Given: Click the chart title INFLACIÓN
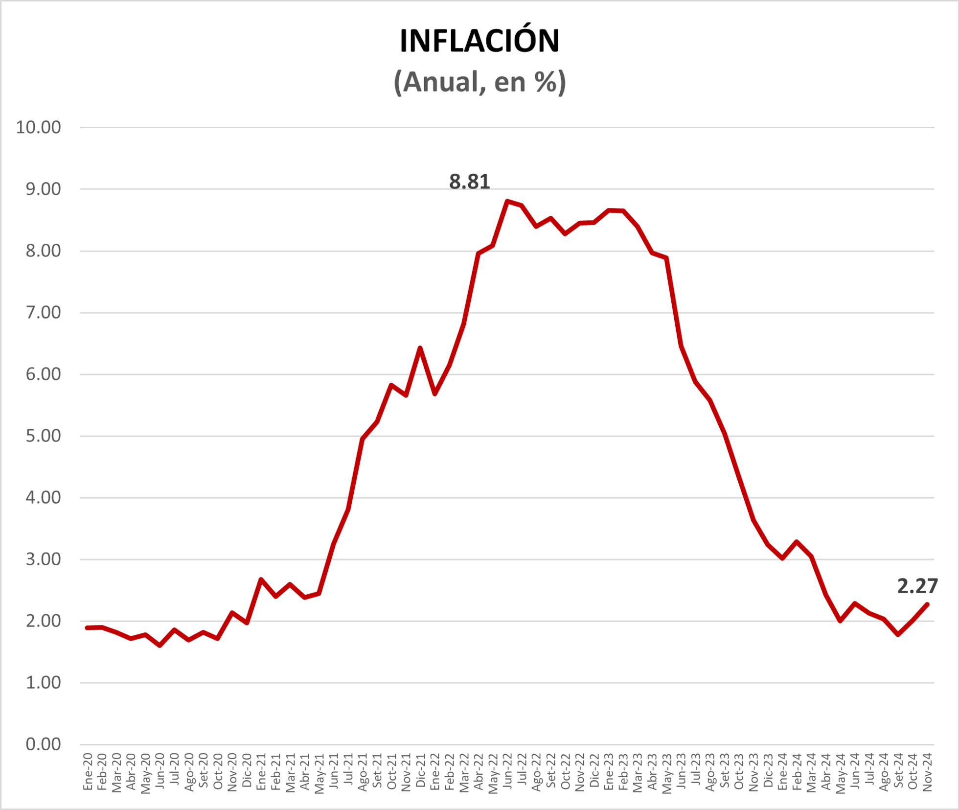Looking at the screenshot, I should tap(479, 41).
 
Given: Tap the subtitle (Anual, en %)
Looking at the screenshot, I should tap(479, 82).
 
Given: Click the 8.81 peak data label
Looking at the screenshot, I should tap(469, 182).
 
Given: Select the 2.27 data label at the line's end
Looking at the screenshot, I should tap(917, 586).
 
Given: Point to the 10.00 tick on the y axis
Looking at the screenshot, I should tap(39, 127).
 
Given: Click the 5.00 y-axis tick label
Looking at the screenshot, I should tap(43, 436).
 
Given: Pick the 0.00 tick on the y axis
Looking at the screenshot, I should tap(43, 744).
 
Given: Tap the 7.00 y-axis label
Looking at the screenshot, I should tap(43, 312).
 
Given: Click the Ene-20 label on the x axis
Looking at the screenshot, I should tap(88, 772).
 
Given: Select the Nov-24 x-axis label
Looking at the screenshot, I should tap(927, 772).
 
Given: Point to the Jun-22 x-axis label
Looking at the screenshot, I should tap(507, 772).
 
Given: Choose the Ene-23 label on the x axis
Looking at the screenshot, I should tap(609, 772).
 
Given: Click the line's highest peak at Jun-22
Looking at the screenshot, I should tap(507, 201).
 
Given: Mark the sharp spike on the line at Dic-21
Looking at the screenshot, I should tap(420, 348).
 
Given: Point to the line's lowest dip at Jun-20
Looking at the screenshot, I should tap(160, 646).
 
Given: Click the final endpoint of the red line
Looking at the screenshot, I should tap(927, 604).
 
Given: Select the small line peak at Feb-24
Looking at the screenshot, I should tap(797, 542).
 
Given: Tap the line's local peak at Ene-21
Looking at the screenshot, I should tap(261, 579).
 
